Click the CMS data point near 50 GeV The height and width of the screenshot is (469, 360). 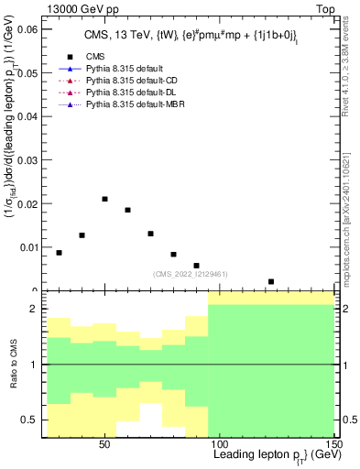pos(105,199)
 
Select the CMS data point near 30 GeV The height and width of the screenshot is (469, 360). pos(60,253)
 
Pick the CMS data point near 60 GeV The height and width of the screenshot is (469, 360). pos(128,210)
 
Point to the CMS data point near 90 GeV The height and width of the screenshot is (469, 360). pos(197,266)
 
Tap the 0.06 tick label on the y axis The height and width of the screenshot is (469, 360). pos(27,29)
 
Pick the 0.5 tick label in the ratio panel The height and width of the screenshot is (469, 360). pos(33,420)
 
